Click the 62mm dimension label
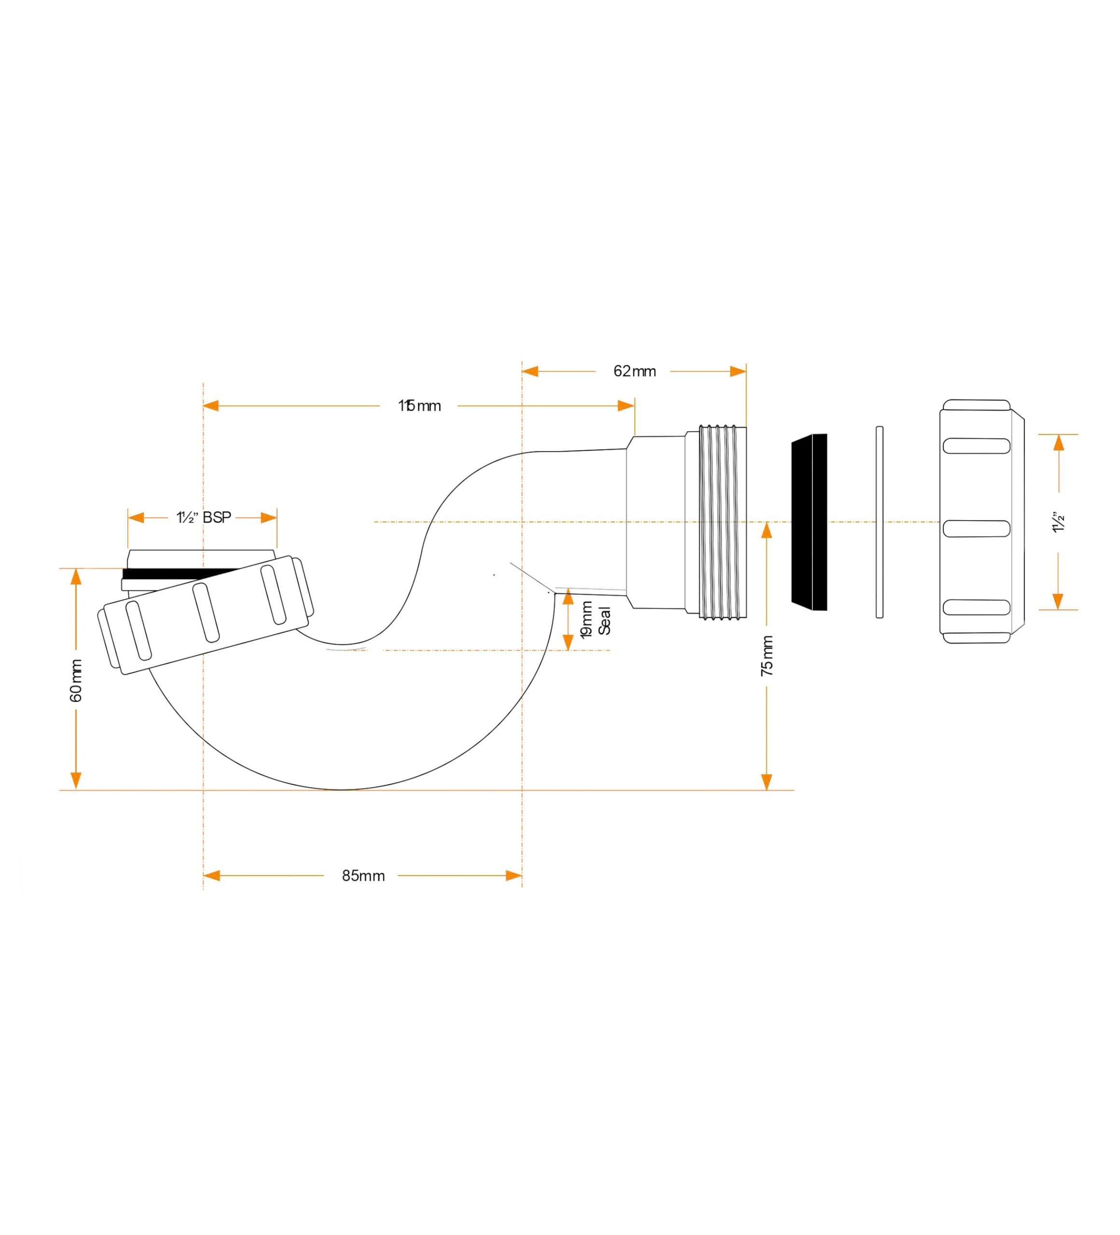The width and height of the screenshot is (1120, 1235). [x=634, y=371]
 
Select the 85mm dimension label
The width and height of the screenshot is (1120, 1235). [x=363, y=876]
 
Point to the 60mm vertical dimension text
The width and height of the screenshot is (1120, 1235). [x=76, y=680]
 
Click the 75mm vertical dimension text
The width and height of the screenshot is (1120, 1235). [x=766, y=656]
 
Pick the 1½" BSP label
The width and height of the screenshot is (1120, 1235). [x=204, y=518]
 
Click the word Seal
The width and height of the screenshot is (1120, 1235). [x=605, y=620]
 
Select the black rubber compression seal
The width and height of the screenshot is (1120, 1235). [x=809, y=522]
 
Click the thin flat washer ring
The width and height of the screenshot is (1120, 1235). [x=879, y=522]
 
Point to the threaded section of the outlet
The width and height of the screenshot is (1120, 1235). [x=723, y=522]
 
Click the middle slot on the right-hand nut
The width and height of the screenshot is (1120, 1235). [x=976, y=528]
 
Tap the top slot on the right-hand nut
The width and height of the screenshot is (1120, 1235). [x=976, y=446]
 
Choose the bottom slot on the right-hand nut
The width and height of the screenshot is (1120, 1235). [x=976, y=606]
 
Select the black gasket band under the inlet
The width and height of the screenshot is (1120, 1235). [x=178, y=574]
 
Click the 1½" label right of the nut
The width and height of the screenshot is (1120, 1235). [x=1058, y=522]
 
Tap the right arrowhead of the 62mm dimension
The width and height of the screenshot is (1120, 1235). [x=738, y=371]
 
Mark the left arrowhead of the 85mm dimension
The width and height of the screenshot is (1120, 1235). [x=211, y=876]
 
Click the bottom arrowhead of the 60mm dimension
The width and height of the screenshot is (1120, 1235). [x=76, y=781]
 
